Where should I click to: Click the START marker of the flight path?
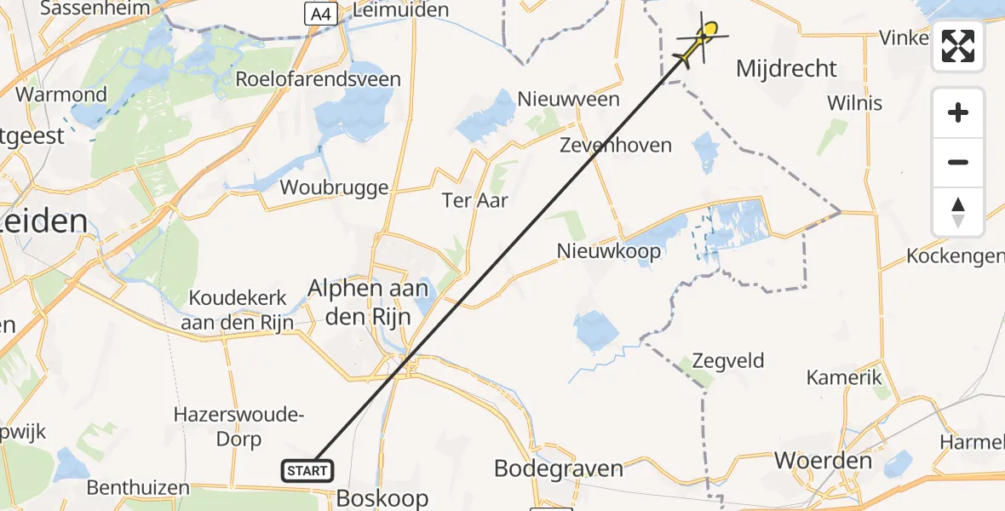pyautogui.click(x=307, y=470)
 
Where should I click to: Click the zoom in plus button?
pyautogui.click(x=958, y=112)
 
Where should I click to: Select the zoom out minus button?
pyautogui.click(x=958, y=162)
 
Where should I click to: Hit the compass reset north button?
pyautogui.click(x=958, y=212)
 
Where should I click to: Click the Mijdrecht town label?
pyautogui.click(x=786, y=68)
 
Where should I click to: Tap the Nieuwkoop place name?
pyautogui.click(x=608, y=250)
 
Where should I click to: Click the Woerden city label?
pyautogui.click(x=824, y=461)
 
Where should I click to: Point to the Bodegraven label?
pyautogui.click(x=559, y=468)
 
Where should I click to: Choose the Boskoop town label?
pyautogui.click(x=382, y=497)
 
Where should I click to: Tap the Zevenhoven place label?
pyautogui.click(x=615, y=146)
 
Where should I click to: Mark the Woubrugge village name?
pyautogui.click(x=334, y=187)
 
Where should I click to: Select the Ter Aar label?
pyautogui.click(x=474, y=200)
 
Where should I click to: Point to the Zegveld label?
pyautogui.click(x=728, y=360)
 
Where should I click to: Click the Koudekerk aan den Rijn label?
pyautogui.click(x=238, y=310)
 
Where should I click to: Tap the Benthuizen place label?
pyautogui.click(x=139, y=488)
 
